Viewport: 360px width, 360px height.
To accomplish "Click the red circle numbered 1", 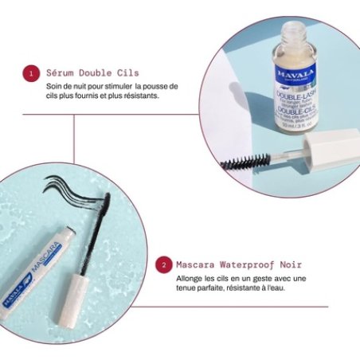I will tap(31, 73).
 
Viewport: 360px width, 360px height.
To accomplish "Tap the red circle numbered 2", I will tap(163, 264).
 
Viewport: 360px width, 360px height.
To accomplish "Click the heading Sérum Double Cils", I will tap(92, 73).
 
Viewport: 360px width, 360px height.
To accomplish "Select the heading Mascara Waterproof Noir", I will tap(235, 264).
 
